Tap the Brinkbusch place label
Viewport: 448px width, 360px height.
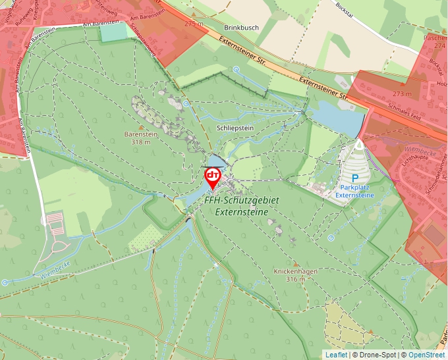pyautogui.click(x=241, y=28)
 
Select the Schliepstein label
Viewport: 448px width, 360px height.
pyautogui.click(x=235, y=128)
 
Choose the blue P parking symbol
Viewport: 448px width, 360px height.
pyautogui.click(x=354, y=178)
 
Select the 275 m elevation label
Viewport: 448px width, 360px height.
pyautogui.click(x=194, y=24)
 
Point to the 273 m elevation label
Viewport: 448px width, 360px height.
pyautogui.click(x=401, y=94)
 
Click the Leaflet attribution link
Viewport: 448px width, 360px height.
pyautogui.click(x=336, y=355)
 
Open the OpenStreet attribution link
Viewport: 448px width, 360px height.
pyautogui.click(x=426, y=355)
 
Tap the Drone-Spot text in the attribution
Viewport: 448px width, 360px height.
pyautogui.click(x=379, y=355)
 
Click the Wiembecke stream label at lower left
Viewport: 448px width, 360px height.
pyautogui.click(x=55, y=270)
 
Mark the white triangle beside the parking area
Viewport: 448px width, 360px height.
pyautogui.click(x=359, y=143)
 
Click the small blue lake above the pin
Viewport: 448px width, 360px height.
pyautogui.click(x=215, y=162)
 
